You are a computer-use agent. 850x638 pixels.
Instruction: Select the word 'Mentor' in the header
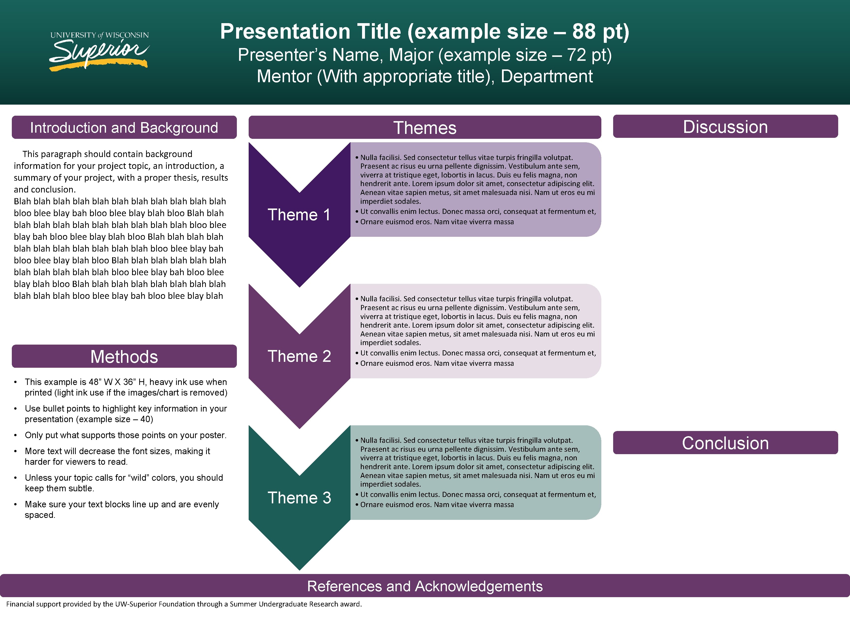click(x=284, y=76)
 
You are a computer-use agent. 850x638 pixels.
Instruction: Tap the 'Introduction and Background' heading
click(x=124, y=128)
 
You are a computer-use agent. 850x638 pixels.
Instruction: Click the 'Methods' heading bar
click(x=124, y=356)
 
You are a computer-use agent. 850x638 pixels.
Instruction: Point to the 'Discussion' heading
click(x=725, y=127)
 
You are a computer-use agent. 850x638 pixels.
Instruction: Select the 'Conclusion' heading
click(x=725, y=443)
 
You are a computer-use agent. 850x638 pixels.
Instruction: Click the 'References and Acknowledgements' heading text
click(x=425, y=586)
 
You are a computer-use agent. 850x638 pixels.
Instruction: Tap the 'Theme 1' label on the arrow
click(x=299, y=215)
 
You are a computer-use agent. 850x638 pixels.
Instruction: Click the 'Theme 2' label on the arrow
click(x=299, y=356)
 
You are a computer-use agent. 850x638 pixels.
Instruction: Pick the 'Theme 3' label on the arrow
click(x=299, y=498)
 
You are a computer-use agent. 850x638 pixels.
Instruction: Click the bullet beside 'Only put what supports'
click(x=15, y=435)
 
